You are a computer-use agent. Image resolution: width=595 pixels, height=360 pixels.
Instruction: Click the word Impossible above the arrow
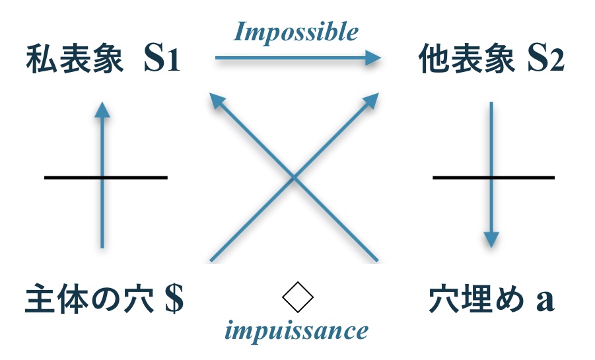(297, 31)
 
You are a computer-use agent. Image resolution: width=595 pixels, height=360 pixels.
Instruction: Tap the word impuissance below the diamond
(297, 330)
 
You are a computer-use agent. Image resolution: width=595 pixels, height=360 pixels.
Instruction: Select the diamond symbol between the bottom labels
(297, 299)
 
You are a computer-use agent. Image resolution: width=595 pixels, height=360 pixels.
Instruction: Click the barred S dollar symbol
(174, 301)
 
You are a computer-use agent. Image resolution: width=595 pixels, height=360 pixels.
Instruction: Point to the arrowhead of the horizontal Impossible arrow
(375, 59)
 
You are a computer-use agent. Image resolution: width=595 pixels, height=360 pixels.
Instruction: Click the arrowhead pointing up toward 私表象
(101, 109)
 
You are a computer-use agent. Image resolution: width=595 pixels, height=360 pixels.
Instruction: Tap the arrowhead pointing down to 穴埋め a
(491, 238)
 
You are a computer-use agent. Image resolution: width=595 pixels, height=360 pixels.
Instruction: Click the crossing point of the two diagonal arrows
(294, 177)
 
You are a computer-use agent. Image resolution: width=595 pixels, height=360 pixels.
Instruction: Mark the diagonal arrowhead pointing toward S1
(215, 100)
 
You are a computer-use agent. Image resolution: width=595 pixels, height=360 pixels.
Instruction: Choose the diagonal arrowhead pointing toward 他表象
(372, 100)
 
